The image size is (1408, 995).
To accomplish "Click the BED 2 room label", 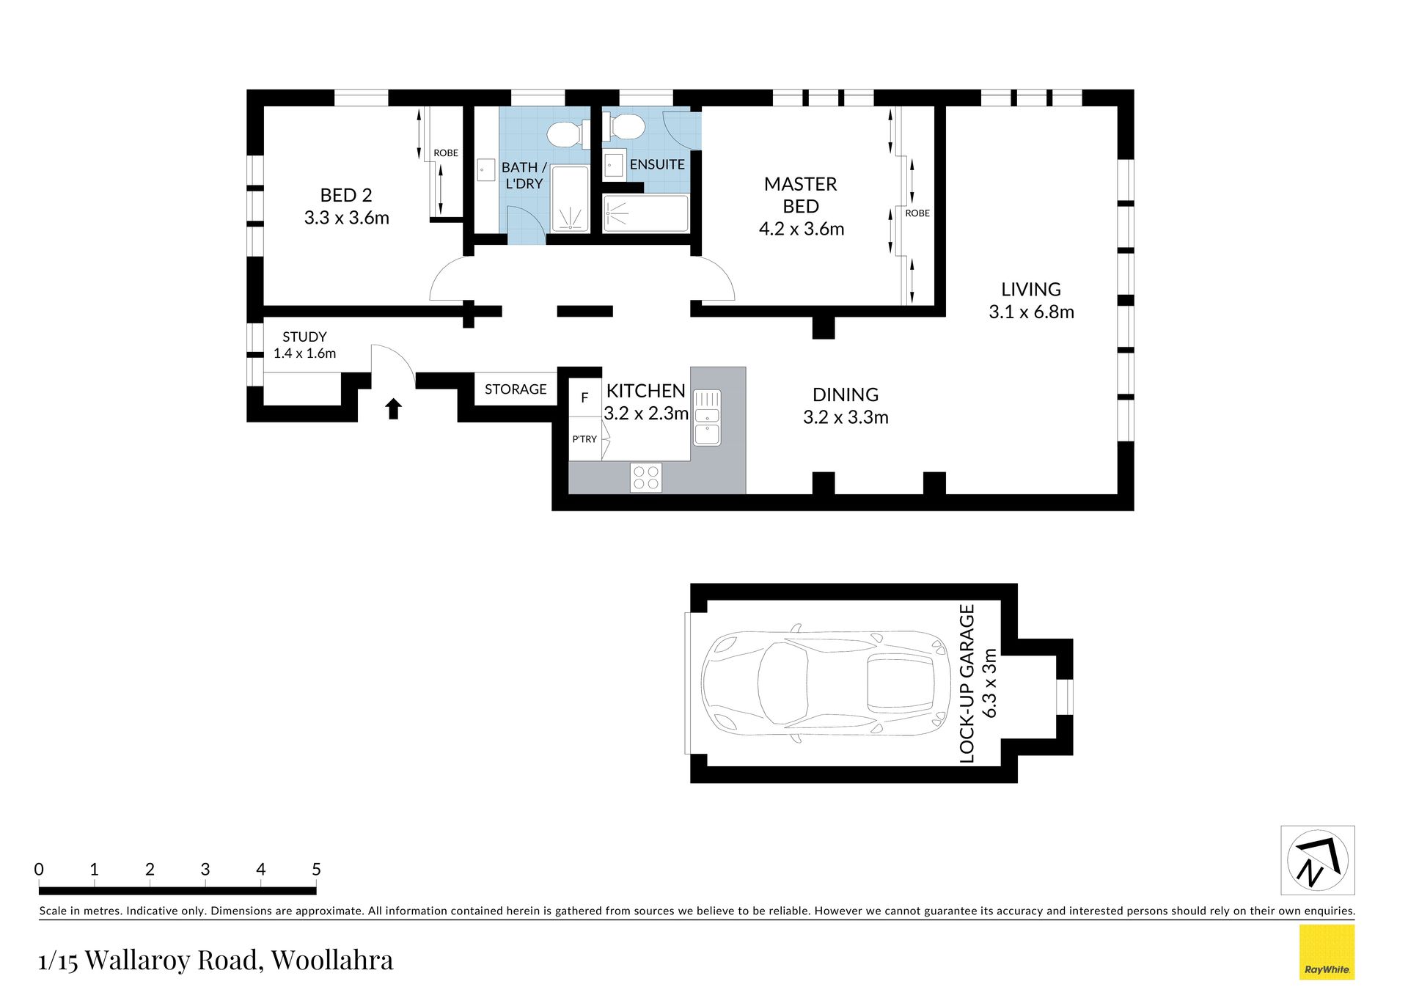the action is click(x=346, y=195).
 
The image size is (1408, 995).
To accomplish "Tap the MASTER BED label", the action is click(x=801, y=195).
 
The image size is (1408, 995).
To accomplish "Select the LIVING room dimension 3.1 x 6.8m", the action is click(x=1031, y=312).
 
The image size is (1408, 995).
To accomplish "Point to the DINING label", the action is click(x=846, y=394).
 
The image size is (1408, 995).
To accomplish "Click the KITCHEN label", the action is click(x=645, y=391).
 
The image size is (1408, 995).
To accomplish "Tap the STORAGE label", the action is click(x=516, y=389).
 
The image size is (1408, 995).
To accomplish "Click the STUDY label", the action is click(x=304, y=337).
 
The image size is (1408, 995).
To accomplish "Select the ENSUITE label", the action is click(x=657, y=164).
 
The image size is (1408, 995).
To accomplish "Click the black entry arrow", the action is click(x=394, y=408).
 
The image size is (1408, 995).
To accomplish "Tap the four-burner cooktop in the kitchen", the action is click(x=645, y=477).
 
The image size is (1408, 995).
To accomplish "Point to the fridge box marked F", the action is click(x=584, y=397).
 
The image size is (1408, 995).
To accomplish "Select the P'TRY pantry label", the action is click(x=584, y=439).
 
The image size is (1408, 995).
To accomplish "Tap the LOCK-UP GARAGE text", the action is click(x=967, y=683).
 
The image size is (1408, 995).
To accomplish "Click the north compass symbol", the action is click(x=1318, y=860).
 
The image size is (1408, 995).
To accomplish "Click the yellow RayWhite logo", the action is click(x=1327, y=952).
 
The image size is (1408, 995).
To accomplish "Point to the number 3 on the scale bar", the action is click(x=205, y=869).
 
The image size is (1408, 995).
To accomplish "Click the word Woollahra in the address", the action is click(x=332, y=960).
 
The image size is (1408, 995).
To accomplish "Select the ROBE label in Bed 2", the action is click(x=446, y=153).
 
